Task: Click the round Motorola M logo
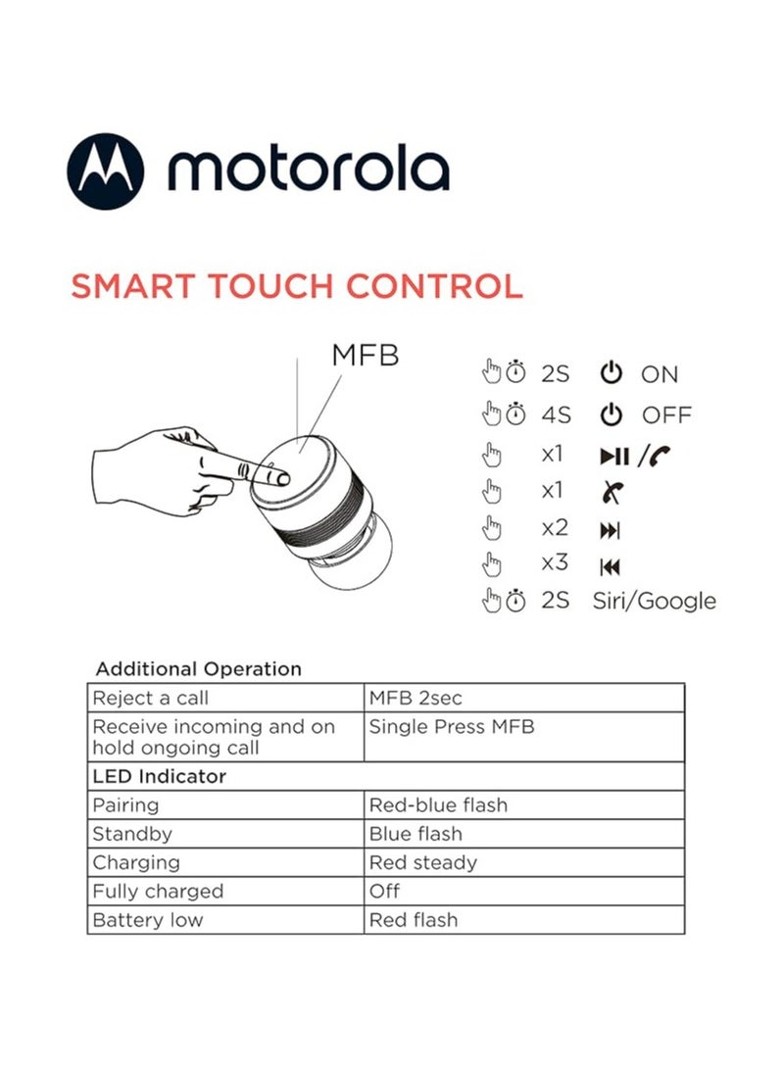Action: tap(105, 170)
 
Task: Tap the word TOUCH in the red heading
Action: tap(256, 286)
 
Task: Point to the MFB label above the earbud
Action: tap(365, 355)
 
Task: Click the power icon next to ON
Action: tap(611, 373)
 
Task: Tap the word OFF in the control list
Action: tap(666, 415)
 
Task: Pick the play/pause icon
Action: tap(614, 456)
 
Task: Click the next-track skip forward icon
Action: tap(610, 530)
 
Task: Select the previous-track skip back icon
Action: tap(610, 567)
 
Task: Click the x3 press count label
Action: tap(555, 564)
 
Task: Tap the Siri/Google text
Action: tap(654, 602)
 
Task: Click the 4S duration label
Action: tap(555, 415)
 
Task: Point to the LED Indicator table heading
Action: tap(159, 777)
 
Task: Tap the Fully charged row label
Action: tap(158, 892)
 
